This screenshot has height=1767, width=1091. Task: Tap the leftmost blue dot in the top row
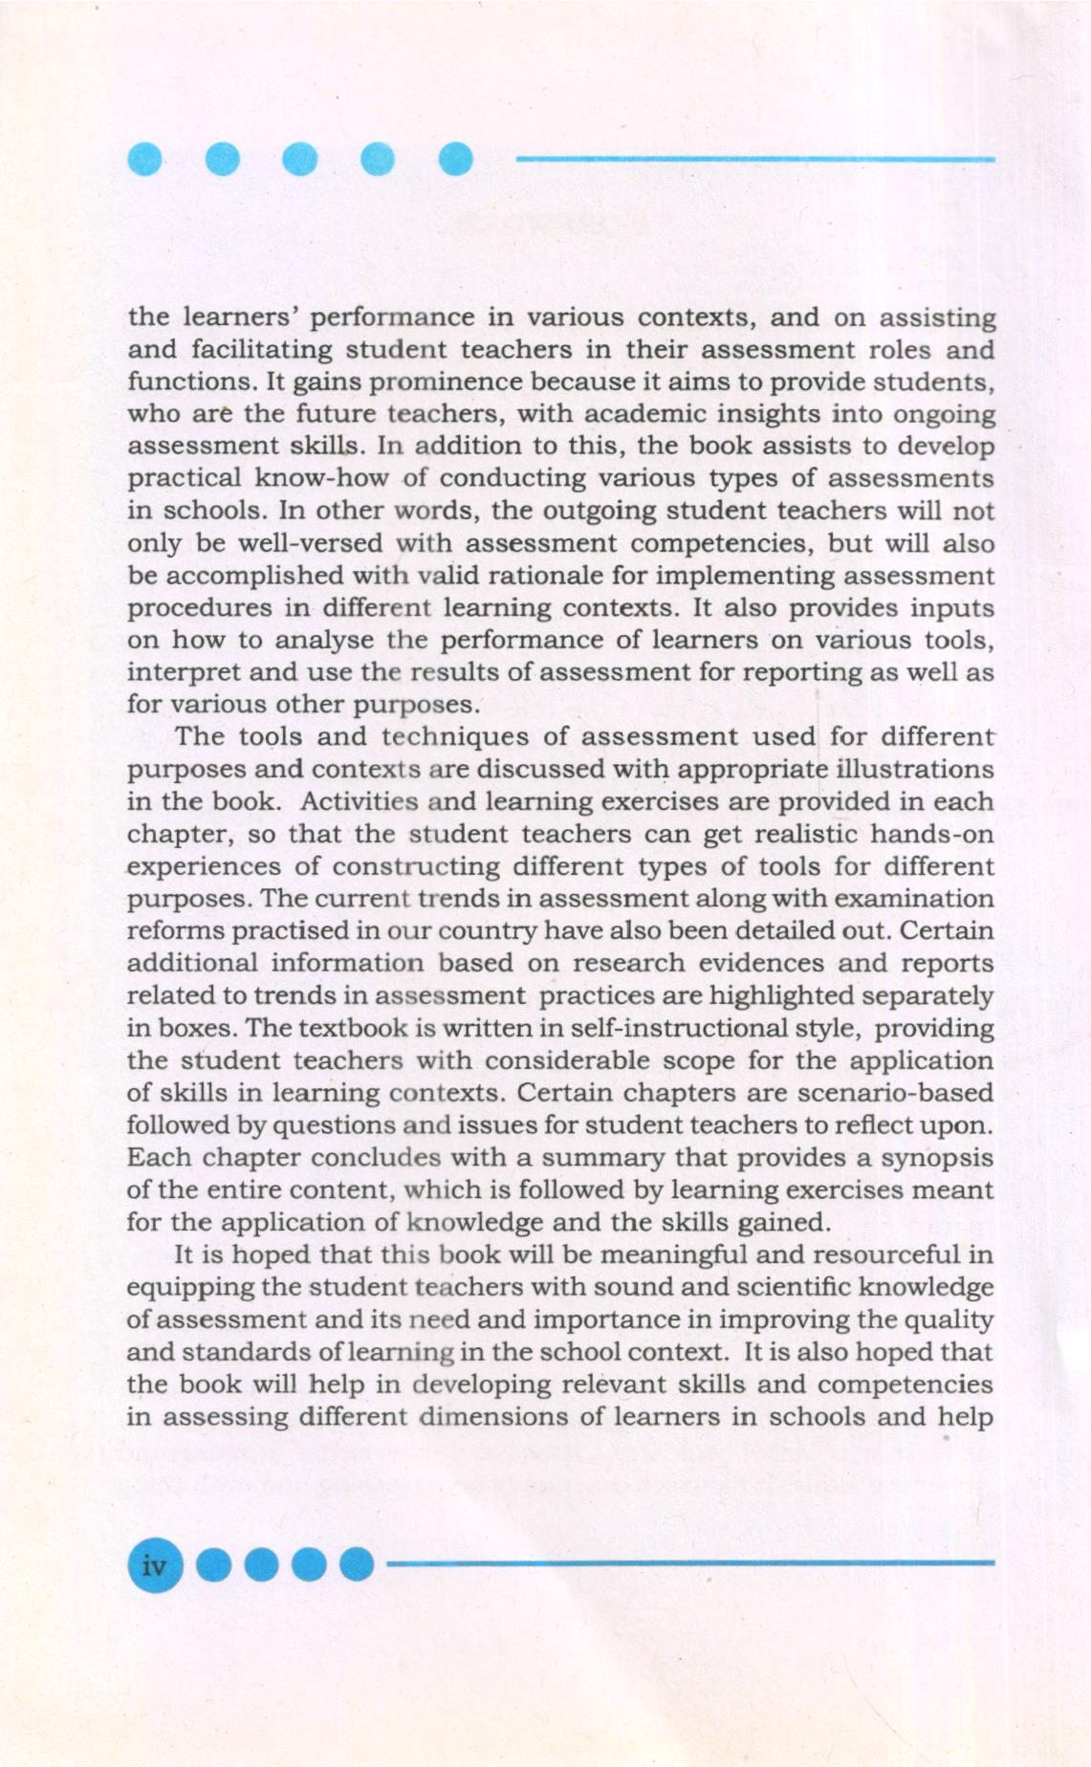(144, 159)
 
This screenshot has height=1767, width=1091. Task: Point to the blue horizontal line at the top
(755, 159)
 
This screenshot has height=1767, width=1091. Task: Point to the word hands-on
(931, 834)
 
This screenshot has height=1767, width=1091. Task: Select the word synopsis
(936, 1158)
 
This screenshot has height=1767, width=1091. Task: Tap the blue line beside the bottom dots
(688, 1564)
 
